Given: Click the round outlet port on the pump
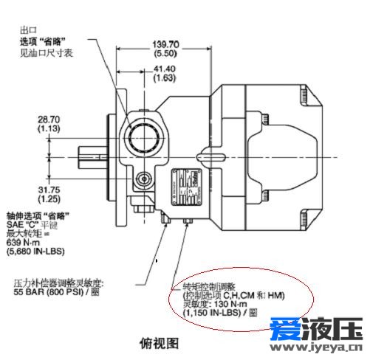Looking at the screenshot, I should point(143,134).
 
